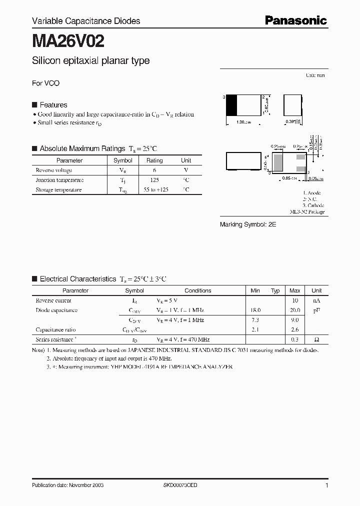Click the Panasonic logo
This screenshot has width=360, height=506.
tap(295, 20)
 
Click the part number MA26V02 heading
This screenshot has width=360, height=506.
tap(68, 40)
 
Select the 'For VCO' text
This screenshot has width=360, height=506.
tap(45, 83)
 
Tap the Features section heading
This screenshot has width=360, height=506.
tap(53, 105)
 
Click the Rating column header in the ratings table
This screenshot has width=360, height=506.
tap(154, 160)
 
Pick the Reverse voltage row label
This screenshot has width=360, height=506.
tap(53, 170)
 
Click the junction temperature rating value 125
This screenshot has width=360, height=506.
tap(154, 180)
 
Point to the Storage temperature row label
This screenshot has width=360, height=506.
tap(58, 189)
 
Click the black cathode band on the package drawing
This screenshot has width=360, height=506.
tap(232, 105)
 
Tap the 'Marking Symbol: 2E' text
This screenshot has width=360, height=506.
tap(248, 225)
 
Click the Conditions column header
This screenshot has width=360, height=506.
tap(198, 290)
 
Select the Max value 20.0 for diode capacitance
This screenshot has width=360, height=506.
tap(295, 310)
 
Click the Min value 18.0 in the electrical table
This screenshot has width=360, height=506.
tap(255, 310)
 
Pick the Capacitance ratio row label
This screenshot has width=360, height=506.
tap(55, 329)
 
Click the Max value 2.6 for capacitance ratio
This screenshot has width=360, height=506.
tap(295, 329)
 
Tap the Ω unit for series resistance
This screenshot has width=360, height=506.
tap(316, 339)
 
